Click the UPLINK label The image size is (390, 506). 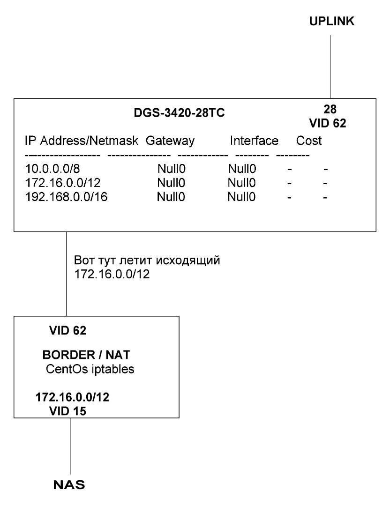[x=331, y=21]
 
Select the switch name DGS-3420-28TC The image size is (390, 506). [x=179, y=113]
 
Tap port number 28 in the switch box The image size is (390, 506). [x=330, y=109]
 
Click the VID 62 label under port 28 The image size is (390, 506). [x=327, y=123]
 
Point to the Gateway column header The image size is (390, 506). [x=170, y=141]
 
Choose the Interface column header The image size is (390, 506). [x=254, y=141]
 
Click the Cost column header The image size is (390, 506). [x=309, y=141]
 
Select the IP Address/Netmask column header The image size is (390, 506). [x=82, y=141]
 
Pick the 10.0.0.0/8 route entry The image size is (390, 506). [x=52, y=169]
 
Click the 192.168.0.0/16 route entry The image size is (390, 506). [x=66, y=197]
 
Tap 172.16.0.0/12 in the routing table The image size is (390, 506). [x=63, y=183]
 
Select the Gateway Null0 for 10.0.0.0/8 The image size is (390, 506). [x=172, y=169]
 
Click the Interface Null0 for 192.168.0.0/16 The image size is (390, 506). [x=241, y=197]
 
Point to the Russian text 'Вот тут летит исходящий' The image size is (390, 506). [x=147, y=260]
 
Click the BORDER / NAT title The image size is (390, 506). [x=86, y=355]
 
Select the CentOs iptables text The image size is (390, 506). [x=90, y=369]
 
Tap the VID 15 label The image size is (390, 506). [x=68, y=411]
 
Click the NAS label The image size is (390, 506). [x=69, y=485]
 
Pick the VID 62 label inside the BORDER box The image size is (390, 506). [x=68, y=330]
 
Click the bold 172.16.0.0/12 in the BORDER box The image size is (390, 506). [x=72, y=397]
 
